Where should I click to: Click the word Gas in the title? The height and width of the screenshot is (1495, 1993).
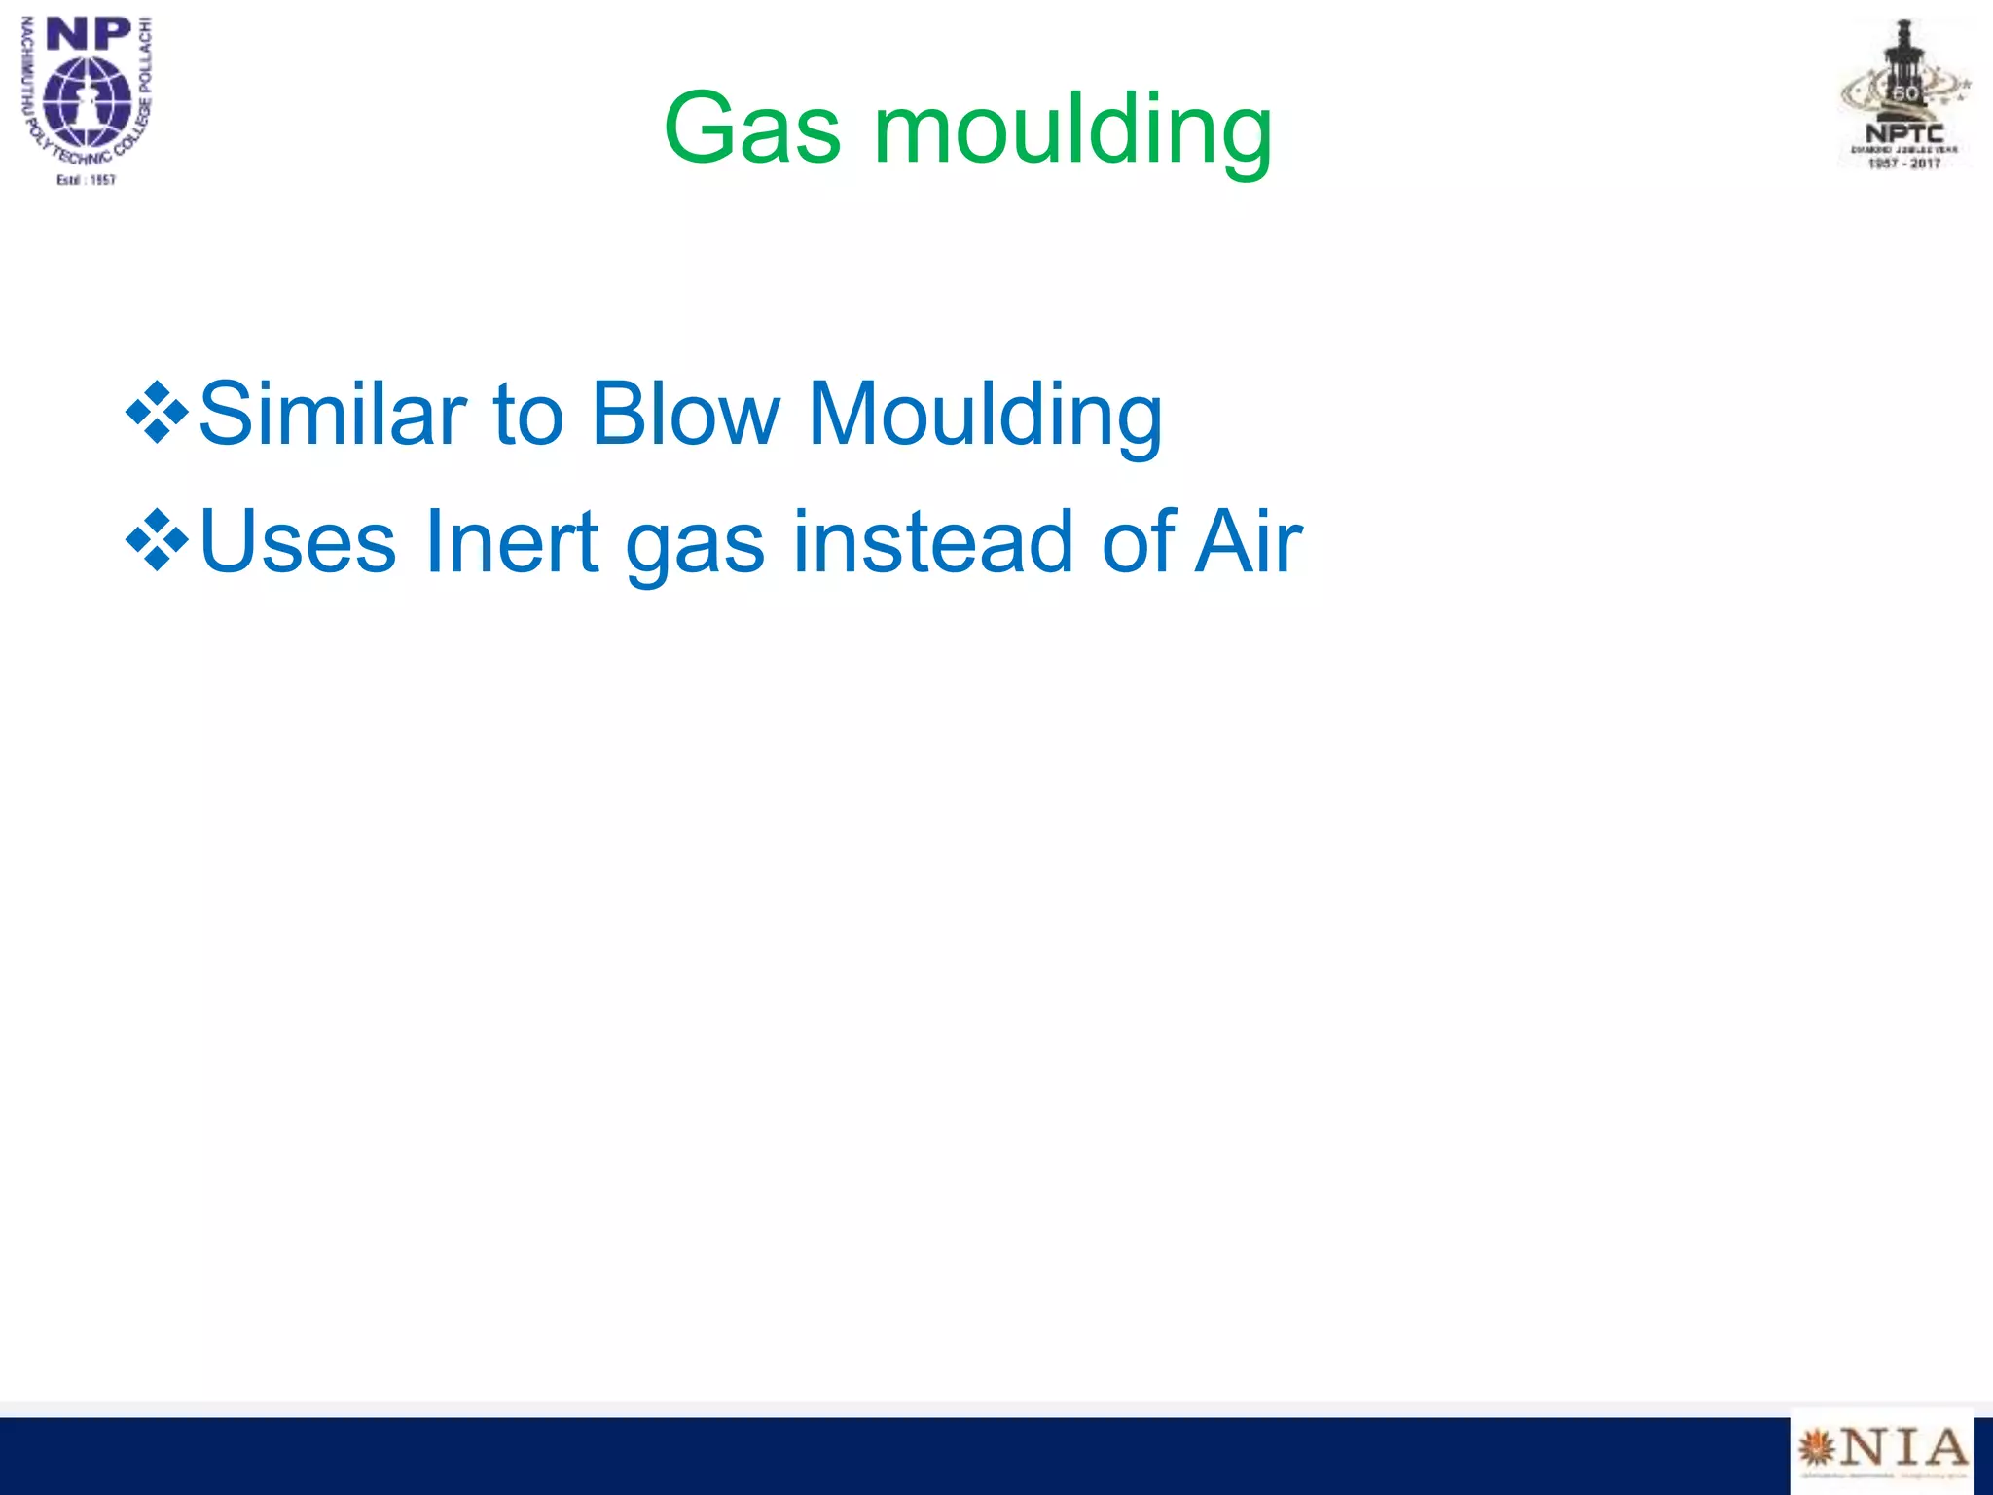[x=751, y=128]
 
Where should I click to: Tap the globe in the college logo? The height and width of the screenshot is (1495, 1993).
[x=88, y=101]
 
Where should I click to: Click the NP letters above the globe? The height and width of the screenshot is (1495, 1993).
[x=89, y=35]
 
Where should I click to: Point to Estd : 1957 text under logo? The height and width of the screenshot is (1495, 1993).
[x=86, y=180]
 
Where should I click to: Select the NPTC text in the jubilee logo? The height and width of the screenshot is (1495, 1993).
[x=1903, y=134]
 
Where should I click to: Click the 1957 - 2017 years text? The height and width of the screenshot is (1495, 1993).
[x=1903, y=164]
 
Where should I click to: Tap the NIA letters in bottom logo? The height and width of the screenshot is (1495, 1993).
[x=1902, y=1448]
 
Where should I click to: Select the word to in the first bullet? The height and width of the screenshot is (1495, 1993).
[x=528, y=415]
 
